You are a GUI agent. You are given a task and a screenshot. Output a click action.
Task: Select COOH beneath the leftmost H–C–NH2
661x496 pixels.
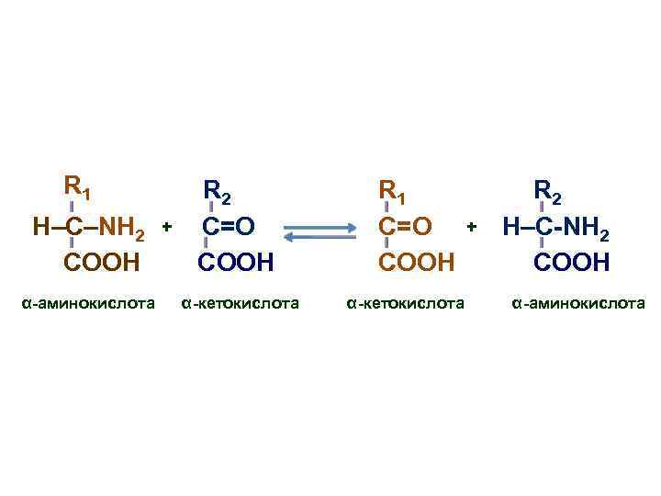[102, 263]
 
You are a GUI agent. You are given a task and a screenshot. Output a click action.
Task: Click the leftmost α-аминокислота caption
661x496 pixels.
[87, 302]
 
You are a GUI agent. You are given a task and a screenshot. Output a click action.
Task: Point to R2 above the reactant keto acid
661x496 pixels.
[218, 191]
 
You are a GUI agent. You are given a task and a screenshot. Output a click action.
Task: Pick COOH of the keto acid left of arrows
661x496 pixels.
[237, 263]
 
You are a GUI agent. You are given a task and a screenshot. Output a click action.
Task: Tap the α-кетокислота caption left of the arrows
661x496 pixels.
[240, 302]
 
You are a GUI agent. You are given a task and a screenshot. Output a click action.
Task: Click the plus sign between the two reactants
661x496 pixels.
[167, 225]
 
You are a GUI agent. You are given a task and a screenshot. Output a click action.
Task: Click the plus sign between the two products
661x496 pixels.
[472, 225]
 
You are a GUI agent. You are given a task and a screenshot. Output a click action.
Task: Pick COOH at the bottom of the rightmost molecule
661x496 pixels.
[572, 263]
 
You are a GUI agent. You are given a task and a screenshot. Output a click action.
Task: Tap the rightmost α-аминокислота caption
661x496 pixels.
[578, 302]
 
